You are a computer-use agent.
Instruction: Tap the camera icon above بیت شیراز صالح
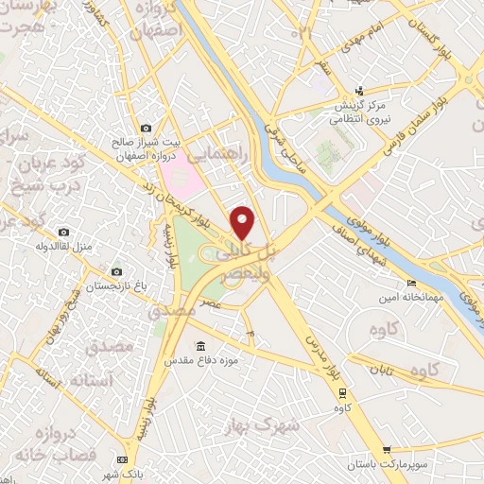pyautogui.click(x=146, y=128)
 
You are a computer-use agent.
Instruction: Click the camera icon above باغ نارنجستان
pyautogui.click(x=116, y=271)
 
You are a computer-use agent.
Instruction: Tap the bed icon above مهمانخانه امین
pyautogui.click(x=410, y=285)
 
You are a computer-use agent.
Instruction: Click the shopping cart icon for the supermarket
pyautogui.click(x=386, y=450)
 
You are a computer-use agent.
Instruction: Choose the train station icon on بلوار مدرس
pyautogui.click(x=342, y=394)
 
